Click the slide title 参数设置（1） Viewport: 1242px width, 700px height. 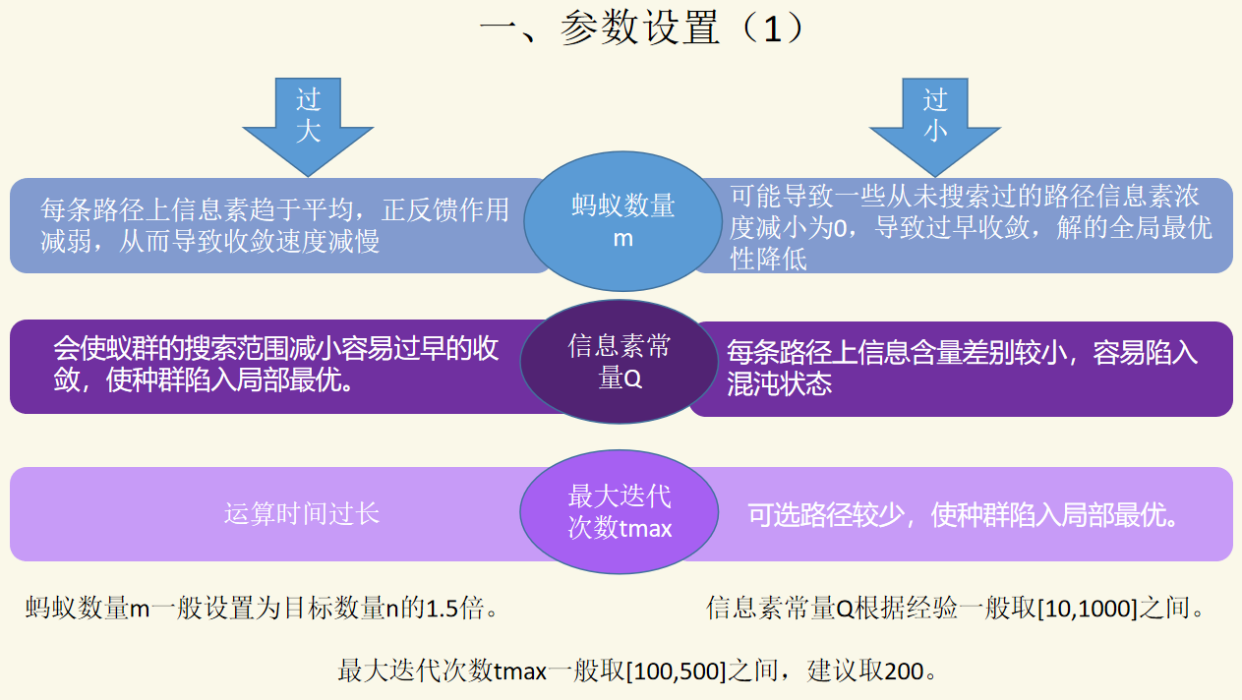click(643, 29)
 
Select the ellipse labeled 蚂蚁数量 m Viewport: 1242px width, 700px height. click(623, 221)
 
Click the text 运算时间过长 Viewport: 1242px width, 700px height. click(301, 513)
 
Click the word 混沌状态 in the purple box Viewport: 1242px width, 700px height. click(780, 383)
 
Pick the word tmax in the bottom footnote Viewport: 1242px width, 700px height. click(519, 672)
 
